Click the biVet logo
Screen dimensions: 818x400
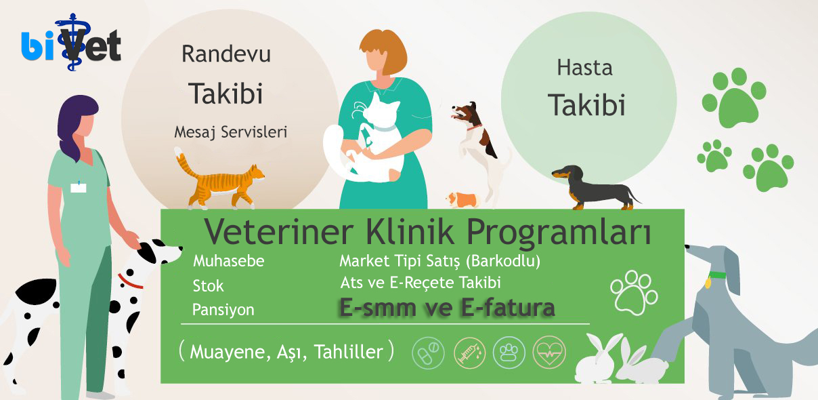click(x=71, y=43)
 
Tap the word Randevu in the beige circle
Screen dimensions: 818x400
click(x=226, y=54)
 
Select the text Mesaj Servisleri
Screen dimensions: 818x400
click(x=231, y=132)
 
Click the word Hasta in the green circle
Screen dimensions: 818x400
click(x=584, y=68)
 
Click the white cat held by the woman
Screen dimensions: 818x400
click(x=365, y=141)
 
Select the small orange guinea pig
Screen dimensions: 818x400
click(x=462, y=199)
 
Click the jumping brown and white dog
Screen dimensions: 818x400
click(x=478, y=146)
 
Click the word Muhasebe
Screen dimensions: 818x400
click(x=229, y=261)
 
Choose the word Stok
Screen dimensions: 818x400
click(x=208, y=286)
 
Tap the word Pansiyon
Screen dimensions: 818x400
click(x=223, y=310)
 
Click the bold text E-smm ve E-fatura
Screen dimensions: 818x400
click(x=448, y=308)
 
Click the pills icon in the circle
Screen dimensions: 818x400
click(x=428, y=353)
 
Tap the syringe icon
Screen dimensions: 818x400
click(x=470, y=353)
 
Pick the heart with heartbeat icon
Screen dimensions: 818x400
click(x=549, y=353)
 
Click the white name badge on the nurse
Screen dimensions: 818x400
click(x=79, y=188)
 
